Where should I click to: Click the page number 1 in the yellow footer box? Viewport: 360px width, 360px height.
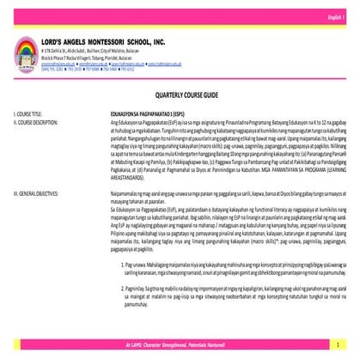340,344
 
